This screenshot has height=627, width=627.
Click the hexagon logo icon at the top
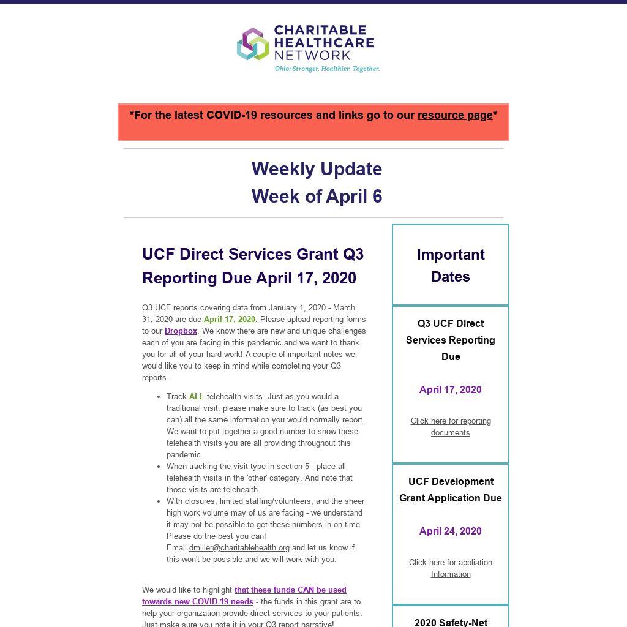point(253,44)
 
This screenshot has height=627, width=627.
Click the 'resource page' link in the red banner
point(455,115)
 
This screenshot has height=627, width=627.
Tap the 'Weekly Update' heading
point(317,168)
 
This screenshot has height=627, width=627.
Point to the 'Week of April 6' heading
point(317,196)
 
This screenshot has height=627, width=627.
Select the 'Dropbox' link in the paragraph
point(181,331)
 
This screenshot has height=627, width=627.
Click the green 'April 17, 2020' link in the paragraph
point(229,319)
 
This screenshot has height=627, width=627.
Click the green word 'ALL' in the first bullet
point(197,396)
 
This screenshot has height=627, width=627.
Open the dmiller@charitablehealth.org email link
point(239,547)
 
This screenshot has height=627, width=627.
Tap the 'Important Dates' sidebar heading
point(451,265)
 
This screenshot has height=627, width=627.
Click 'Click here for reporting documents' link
point(451,427)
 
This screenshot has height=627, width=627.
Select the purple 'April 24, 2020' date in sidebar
point(451,531)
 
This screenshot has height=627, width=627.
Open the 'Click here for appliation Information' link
point(451,568)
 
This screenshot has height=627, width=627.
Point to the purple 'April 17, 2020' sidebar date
point(451,389)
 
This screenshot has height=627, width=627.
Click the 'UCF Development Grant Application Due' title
point(451,490)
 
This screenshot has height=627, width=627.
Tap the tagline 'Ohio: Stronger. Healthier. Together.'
point(327,69)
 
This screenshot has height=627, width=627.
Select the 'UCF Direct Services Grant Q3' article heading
point(253,253)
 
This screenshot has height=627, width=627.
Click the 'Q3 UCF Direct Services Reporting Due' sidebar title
point(451,340)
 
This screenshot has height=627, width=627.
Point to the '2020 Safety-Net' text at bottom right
point(451,622)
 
